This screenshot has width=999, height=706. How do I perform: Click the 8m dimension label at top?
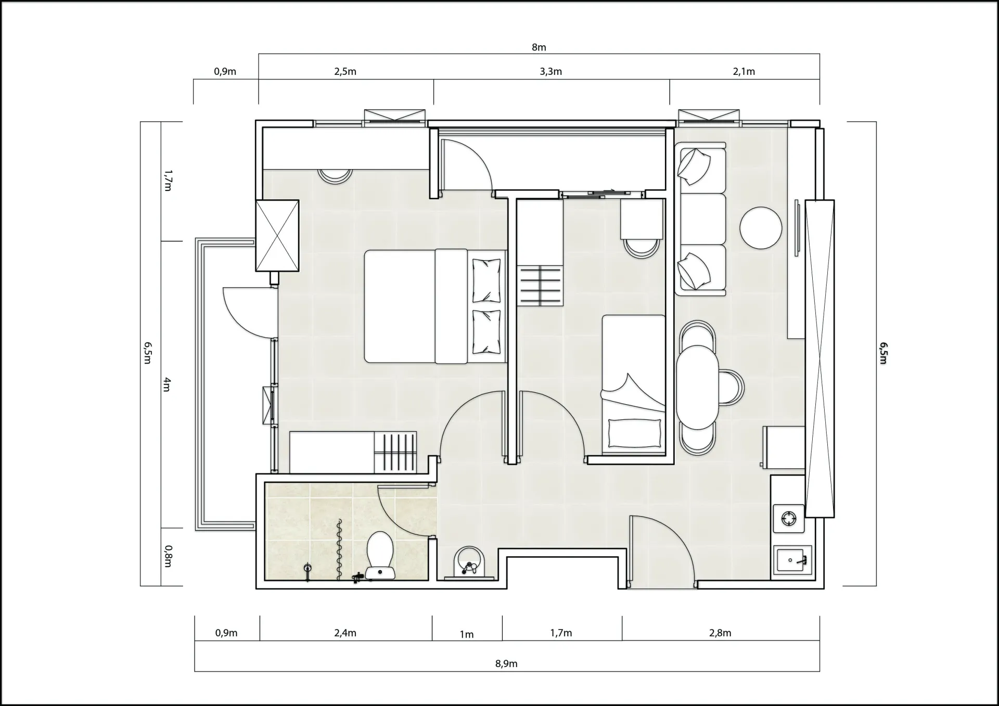pos(539,47)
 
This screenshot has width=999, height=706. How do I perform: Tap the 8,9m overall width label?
pos(506,664)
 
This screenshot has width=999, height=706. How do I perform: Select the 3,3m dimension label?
pos(550,72)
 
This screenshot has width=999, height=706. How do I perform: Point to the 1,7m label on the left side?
pos(168,181)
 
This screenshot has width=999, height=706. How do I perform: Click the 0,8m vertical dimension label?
pos(168,556)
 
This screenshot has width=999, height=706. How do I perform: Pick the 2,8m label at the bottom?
pos(720,633)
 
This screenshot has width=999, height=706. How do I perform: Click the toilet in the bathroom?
pos(380,555)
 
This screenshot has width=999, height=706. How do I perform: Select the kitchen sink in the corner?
pos(792,560)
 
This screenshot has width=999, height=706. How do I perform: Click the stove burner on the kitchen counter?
pos(789,519)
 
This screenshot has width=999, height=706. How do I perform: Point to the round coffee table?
pos(761,228)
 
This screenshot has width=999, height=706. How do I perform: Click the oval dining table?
pos(698,388)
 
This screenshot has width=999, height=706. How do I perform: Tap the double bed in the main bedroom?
pos(435,306)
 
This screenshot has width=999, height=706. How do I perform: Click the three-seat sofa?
pos(700,219)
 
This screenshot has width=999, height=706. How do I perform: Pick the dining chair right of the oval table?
pos(732,388)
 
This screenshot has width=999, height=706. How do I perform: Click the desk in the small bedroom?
pos(642,219)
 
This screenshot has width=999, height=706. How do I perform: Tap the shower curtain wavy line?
pos(339,549)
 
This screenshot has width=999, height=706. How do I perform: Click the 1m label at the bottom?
pos(467,634)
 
